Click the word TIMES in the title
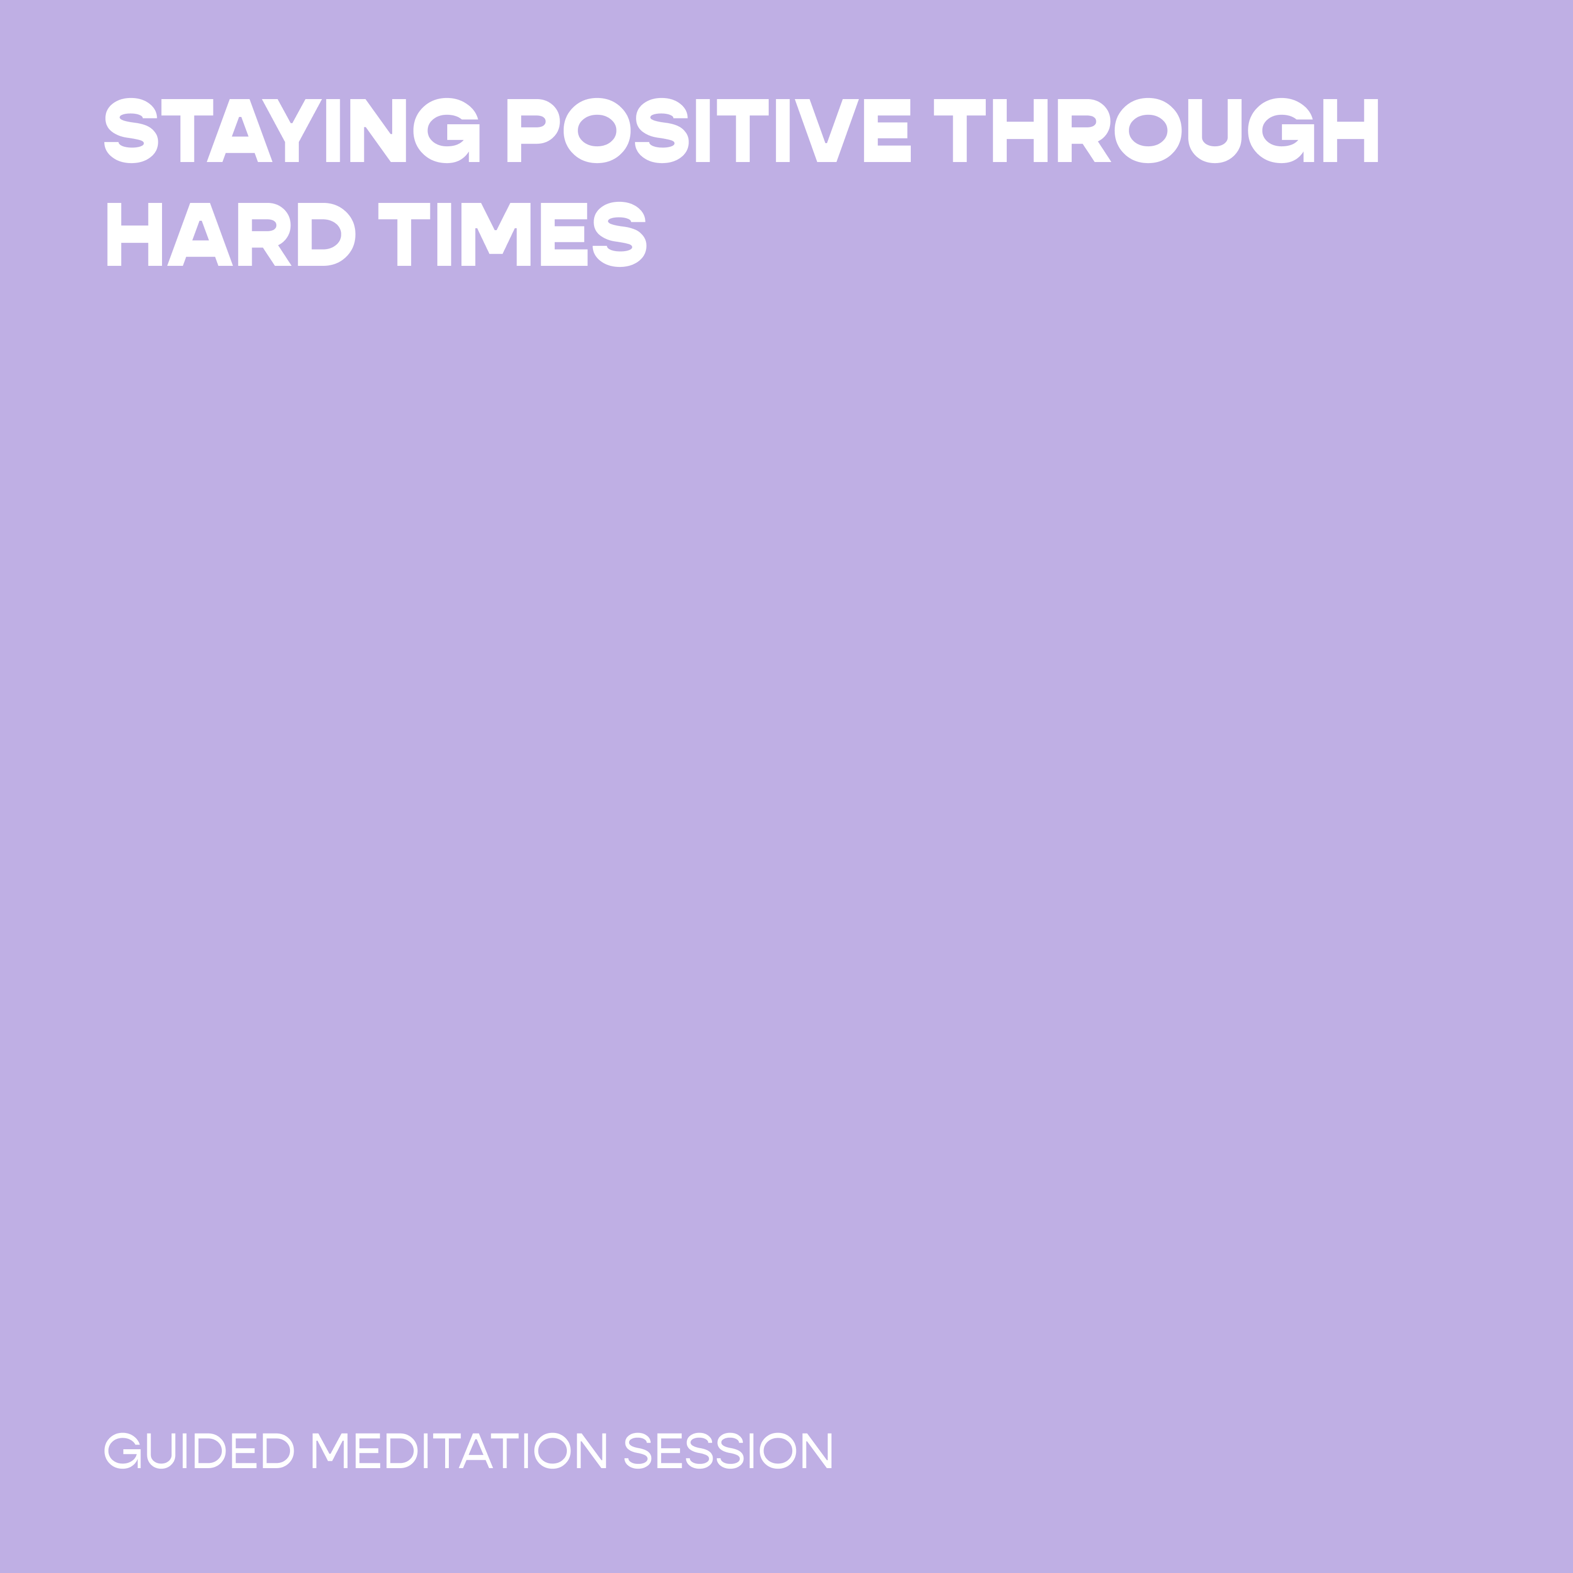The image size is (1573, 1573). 513,234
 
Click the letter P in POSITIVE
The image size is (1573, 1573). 533,130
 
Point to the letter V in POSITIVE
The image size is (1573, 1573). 826,130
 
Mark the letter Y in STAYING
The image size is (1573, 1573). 292,130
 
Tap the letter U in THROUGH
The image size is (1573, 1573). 1215,130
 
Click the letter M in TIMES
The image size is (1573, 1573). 496,234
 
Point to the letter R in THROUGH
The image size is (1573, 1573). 1084,130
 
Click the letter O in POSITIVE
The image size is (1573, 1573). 597,130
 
